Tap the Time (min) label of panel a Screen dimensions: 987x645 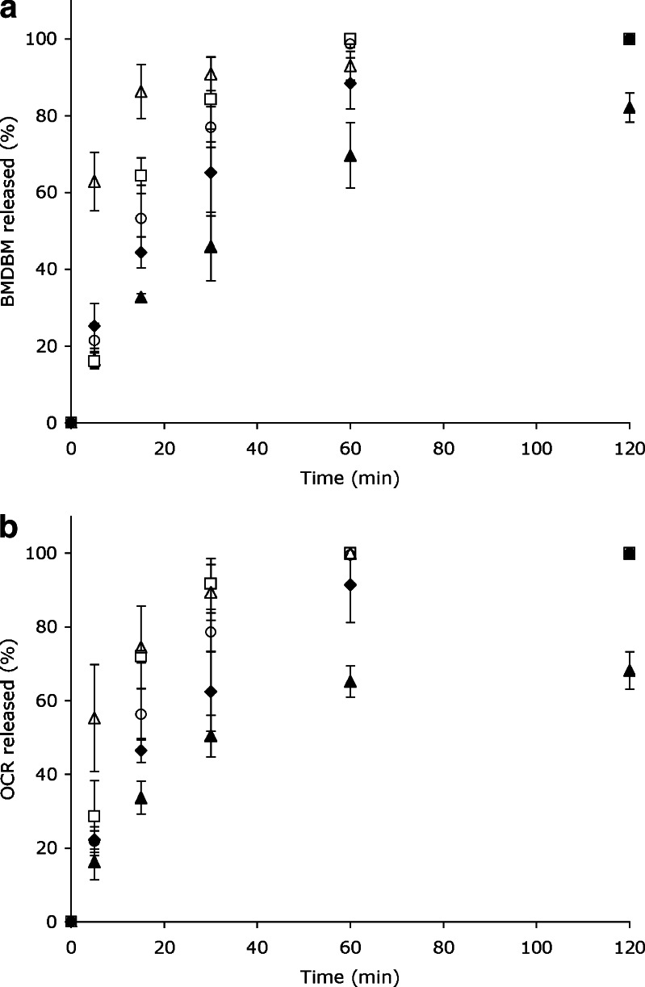pyautogui.click(x=350, y=477)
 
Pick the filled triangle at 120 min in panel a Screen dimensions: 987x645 pyautogui.click(x=629, y=107)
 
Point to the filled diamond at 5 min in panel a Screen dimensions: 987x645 pyautogui.click(x=94, y=326)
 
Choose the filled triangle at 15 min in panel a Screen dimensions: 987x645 pyautogui.click(x=141, y=297)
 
